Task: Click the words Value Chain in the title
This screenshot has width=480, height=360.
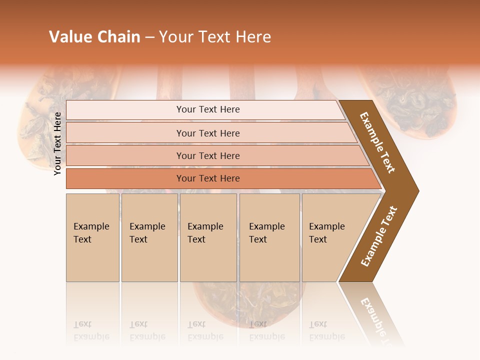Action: pos(94,37)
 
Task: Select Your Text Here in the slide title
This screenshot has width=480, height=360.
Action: pos(215,37)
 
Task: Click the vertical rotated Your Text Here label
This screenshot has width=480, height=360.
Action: pos(58,143)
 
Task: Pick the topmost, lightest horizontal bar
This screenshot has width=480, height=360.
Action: pos(208,109)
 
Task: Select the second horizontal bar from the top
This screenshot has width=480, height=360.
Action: pos(208,133)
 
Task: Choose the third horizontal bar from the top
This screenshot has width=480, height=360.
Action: pos(208,155)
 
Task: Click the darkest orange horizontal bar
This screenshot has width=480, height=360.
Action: pos(208,178)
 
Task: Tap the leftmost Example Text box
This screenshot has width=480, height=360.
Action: pos(92,237)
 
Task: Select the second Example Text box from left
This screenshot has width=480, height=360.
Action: pos(149,237)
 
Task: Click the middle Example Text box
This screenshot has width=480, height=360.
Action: pos(208,237)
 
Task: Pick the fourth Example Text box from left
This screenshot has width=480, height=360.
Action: pos(269,237)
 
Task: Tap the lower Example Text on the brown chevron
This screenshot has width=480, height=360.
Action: pos(379,236)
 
